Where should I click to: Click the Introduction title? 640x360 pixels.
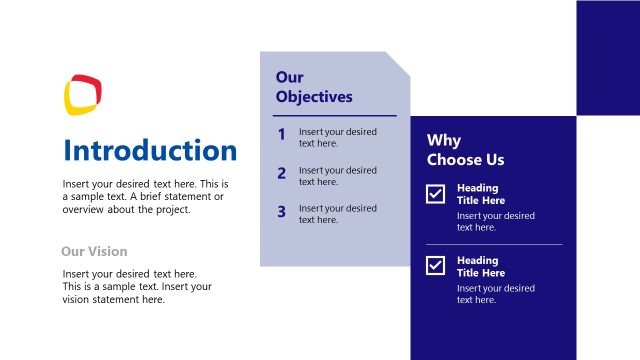click(150, 151)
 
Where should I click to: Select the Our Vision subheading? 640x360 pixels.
click(94, 252)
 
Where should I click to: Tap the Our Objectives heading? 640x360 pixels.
click(313, 87)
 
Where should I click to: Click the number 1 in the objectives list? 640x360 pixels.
click(282, 135)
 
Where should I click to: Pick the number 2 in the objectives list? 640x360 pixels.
click(282, 174)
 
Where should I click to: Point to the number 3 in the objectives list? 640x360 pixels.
click(282, 212)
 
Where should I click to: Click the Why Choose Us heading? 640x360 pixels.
click(465, 150)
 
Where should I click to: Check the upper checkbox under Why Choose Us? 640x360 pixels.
click(436, 194)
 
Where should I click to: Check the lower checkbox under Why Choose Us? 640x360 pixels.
click(436, 265)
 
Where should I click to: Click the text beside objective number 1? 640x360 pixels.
click(337, 138)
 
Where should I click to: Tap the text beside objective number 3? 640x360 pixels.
click(337, 214)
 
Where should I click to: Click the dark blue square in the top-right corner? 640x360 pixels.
click(607, 57)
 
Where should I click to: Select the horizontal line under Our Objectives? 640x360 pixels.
click(335, 116)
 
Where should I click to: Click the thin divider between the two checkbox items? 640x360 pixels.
click(494, 244)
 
